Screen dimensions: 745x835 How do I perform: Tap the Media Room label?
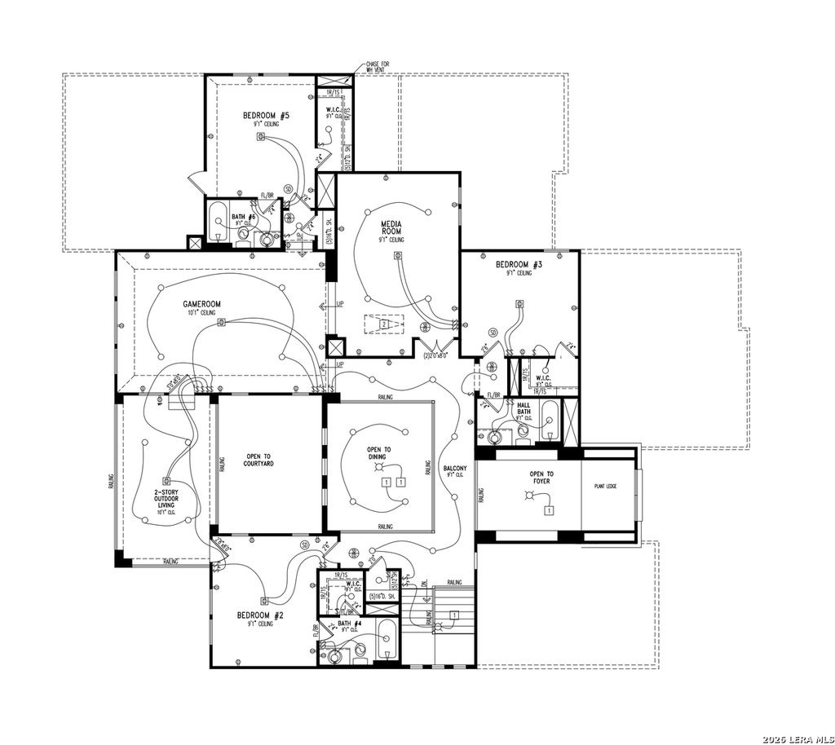point(391,227)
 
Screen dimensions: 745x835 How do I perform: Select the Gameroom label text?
point(201,304)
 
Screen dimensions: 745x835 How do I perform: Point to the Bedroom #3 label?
point(519,265)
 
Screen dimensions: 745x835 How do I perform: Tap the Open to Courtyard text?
point(258,459)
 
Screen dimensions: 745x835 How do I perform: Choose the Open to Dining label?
point(378,453)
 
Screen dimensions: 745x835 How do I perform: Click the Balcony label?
point(455,469)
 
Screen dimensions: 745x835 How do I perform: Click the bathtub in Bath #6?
point(218,223)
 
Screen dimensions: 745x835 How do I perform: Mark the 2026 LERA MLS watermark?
point(797,738)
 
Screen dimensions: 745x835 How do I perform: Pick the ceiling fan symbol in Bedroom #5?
point(261,137)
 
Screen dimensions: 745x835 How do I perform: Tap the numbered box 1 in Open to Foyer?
point(550,510)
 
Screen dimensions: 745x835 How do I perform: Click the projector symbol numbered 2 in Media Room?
point(383,324)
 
